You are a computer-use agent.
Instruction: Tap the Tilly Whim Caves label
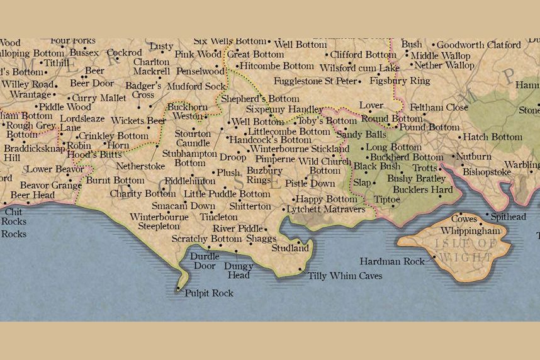(x=345, y=276)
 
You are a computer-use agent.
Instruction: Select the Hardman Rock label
(x=393, y=261)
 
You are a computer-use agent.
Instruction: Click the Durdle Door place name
(x=205, y=261)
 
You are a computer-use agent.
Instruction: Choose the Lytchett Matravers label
(x=325, y=209)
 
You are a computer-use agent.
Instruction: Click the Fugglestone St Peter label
(x=315, y=81)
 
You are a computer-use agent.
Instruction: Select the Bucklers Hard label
(x=429, y=189)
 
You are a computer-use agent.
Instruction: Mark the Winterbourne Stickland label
(x=300, y=149)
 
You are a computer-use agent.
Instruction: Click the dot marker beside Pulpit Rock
(x=178, y=289)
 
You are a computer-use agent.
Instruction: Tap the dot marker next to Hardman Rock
(x=434, y=257)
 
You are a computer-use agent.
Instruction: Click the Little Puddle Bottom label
(x=227, y=194)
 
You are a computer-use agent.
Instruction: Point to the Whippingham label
(x=470, y=231)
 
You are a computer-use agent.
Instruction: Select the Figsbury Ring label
(x=400, y=81)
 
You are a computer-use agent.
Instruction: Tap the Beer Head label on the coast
(x=32, y=196)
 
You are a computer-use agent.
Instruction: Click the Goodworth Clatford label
(x=478, y=45)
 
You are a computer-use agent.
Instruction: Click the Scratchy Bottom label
(x=206, y=239)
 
